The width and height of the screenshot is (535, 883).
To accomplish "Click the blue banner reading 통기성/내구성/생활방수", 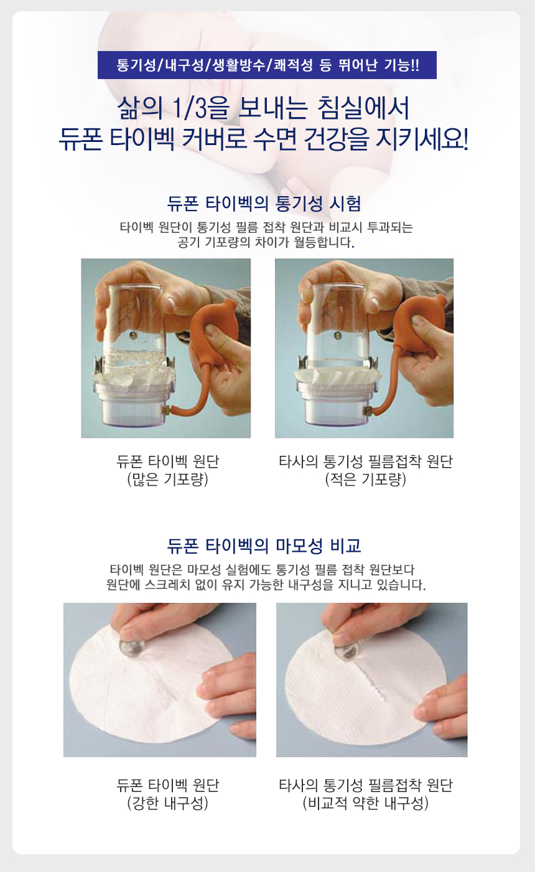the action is tap(267, 65).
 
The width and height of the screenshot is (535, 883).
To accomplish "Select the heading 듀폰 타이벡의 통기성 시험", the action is tap(264, 204).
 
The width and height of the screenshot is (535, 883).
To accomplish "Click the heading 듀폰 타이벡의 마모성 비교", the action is tap(264, 546).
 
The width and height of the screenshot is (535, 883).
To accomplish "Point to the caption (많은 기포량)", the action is tap(168, 479).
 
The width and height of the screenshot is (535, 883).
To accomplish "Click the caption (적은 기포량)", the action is tap(365, 479).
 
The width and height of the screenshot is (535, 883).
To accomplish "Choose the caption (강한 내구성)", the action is tap(168, 803).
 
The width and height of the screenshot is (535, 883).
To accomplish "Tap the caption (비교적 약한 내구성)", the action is tap(365, 803).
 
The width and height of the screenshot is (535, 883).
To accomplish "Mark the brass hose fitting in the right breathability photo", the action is tap(370, 411).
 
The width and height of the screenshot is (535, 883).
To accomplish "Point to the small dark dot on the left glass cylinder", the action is tap(134, 336).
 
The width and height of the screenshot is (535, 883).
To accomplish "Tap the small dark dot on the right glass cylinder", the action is tap(338, 336).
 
